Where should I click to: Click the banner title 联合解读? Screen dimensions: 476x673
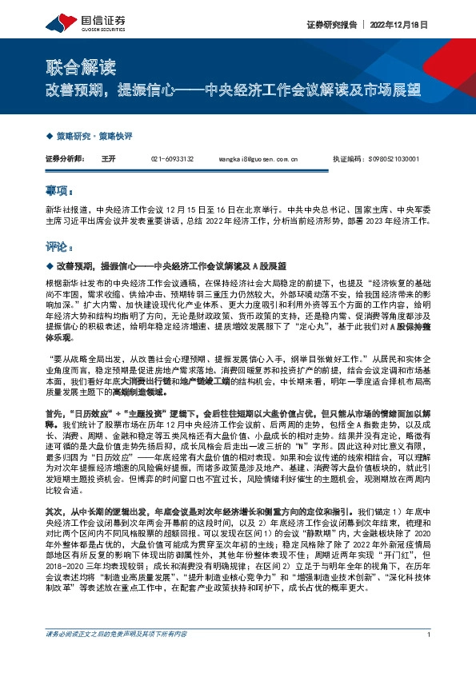[71, 65]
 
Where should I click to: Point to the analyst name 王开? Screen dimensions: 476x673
[109, 159]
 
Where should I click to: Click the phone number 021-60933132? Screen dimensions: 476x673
[172, 159]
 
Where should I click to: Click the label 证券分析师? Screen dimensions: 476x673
[65, 159]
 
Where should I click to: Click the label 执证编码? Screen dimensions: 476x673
[346, 159]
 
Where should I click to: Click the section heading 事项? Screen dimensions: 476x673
[58, 192]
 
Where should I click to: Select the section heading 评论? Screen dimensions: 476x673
[58, 247]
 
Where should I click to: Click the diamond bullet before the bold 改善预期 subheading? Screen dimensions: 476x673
[49, 265]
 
